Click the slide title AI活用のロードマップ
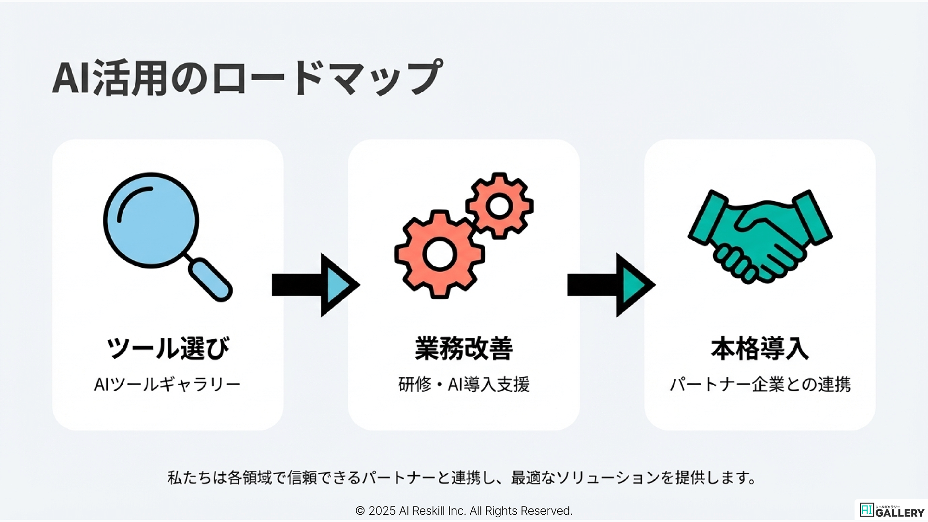click(247, 77)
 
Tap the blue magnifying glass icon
click(151, 220)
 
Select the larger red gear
click(439, 254)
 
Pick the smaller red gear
click(499, 206)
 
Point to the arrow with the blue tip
click(316, 285)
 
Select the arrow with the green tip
click(611, 285)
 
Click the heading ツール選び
click(168, 348)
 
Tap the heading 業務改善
click(464, 348)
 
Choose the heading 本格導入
click(759, 348)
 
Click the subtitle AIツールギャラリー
click(167, 385)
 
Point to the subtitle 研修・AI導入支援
click(464, 385)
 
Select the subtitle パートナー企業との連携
click(760, 385)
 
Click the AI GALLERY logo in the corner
click(892, 510)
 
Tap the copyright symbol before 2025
click(360, 511)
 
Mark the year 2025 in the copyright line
click(382, 511)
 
